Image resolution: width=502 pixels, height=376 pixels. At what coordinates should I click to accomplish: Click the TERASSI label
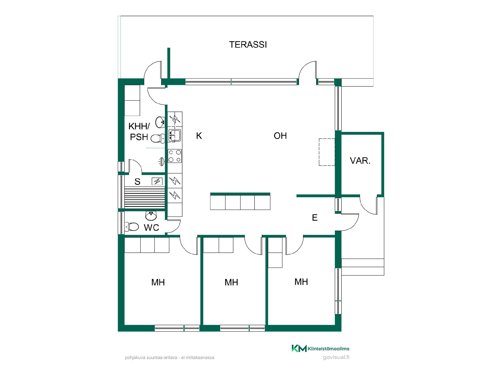[x=248, y=45]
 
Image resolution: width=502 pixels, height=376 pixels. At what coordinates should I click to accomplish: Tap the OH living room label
[x=280, y=136]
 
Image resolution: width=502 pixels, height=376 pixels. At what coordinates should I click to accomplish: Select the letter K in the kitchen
[x=199, y=136]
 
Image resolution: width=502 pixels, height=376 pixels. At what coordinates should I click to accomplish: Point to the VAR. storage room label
[x=360, y=161]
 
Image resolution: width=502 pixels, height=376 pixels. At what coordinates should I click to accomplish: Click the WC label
[x=151, y=228]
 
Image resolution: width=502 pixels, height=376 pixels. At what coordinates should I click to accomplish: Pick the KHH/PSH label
[x=139, y=132]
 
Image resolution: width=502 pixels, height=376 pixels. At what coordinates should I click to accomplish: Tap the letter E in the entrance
[x=315, y=218]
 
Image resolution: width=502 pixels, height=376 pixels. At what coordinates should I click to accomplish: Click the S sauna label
[x=137, y=181]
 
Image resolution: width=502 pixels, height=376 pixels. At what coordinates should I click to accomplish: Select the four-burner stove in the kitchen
[x=175, y=156]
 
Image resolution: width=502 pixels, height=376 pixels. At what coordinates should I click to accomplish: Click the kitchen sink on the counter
[x=175, y=136]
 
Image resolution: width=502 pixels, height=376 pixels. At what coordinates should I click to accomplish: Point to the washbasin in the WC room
[x=151, y=216]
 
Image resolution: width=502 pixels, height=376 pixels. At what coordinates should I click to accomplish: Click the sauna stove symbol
[x=157, y=181]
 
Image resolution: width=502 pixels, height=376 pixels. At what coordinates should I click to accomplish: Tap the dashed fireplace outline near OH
[x=327, y=152]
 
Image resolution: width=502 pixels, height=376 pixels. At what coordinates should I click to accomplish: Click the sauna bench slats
[x=145, y=198]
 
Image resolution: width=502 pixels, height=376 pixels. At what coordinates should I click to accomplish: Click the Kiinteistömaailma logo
[x=321, y=348]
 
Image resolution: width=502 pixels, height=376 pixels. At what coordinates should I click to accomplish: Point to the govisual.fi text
[x=336, y=357]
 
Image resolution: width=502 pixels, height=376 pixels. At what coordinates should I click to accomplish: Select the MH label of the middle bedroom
[x=231, y=282]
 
